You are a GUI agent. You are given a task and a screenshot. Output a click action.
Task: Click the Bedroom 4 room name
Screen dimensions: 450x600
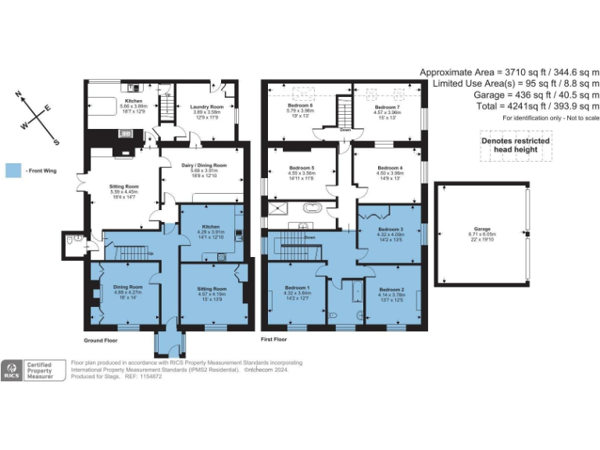pos(390,167)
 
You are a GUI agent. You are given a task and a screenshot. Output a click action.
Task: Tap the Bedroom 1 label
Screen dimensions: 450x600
pos(296,288)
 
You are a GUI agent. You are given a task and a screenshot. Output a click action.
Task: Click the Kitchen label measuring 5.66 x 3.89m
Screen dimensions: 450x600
pos(133,100)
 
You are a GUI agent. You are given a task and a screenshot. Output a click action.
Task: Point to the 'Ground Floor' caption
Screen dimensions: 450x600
pos(102,341)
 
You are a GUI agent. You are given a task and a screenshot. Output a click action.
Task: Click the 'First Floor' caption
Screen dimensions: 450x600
pos(273,341)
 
